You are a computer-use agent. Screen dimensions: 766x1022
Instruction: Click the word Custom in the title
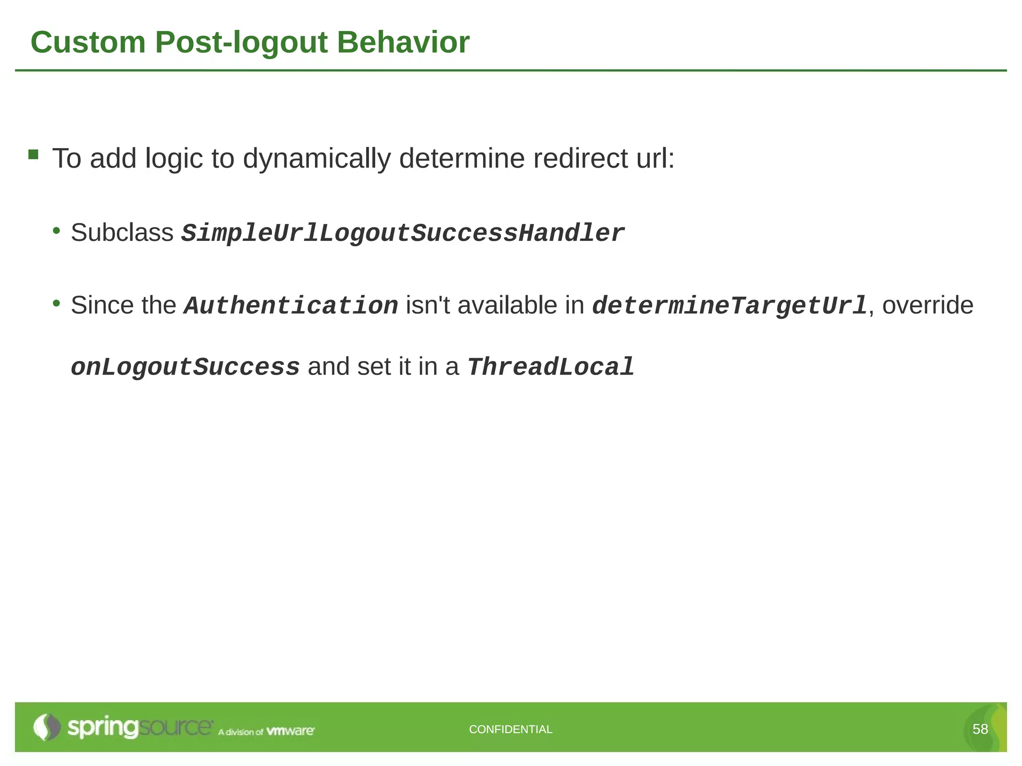(88, 42)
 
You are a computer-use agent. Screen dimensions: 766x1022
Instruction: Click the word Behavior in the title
(403, 42)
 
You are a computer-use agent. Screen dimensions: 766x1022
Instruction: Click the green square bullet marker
(33, 154)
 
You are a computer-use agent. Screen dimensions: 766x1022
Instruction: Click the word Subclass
(122, 232)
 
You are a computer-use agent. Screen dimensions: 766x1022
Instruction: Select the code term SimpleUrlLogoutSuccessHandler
(402, 233)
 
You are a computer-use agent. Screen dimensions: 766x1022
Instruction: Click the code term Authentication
(290, 306)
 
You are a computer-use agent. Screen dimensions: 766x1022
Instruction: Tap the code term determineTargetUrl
(730, 306)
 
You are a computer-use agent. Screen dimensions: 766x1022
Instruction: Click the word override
(927, 305)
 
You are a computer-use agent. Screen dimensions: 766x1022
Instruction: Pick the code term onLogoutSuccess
(185, 367)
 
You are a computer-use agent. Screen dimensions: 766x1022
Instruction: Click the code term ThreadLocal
(550, 367)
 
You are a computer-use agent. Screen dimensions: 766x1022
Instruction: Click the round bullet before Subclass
(56, 230)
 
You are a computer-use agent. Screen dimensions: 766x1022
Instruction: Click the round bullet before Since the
(56, 303)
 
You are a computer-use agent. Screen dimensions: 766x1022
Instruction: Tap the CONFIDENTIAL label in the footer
(511, 729)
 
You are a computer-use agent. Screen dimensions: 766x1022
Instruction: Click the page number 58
(980, 729)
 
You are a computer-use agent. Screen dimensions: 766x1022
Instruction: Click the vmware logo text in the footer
(290, 731)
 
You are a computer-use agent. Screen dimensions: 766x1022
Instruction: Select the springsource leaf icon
(46, 727)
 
